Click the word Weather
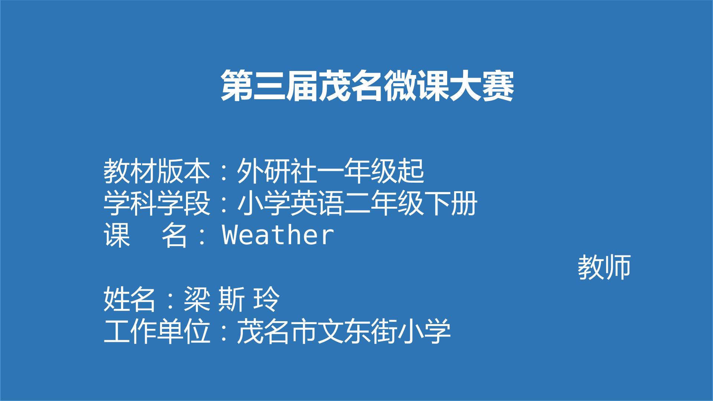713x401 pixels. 278,235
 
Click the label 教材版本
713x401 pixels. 157,171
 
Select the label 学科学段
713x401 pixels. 157,203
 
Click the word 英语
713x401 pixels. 317,203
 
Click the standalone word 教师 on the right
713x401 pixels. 604,267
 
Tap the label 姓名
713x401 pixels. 130,299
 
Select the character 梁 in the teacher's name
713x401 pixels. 196,299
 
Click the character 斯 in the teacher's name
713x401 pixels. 231,299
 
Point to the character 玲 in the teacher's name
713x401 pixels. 266,299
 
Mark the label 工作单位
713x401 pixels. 157,331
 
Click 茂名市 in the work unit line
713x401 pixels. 277,331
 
